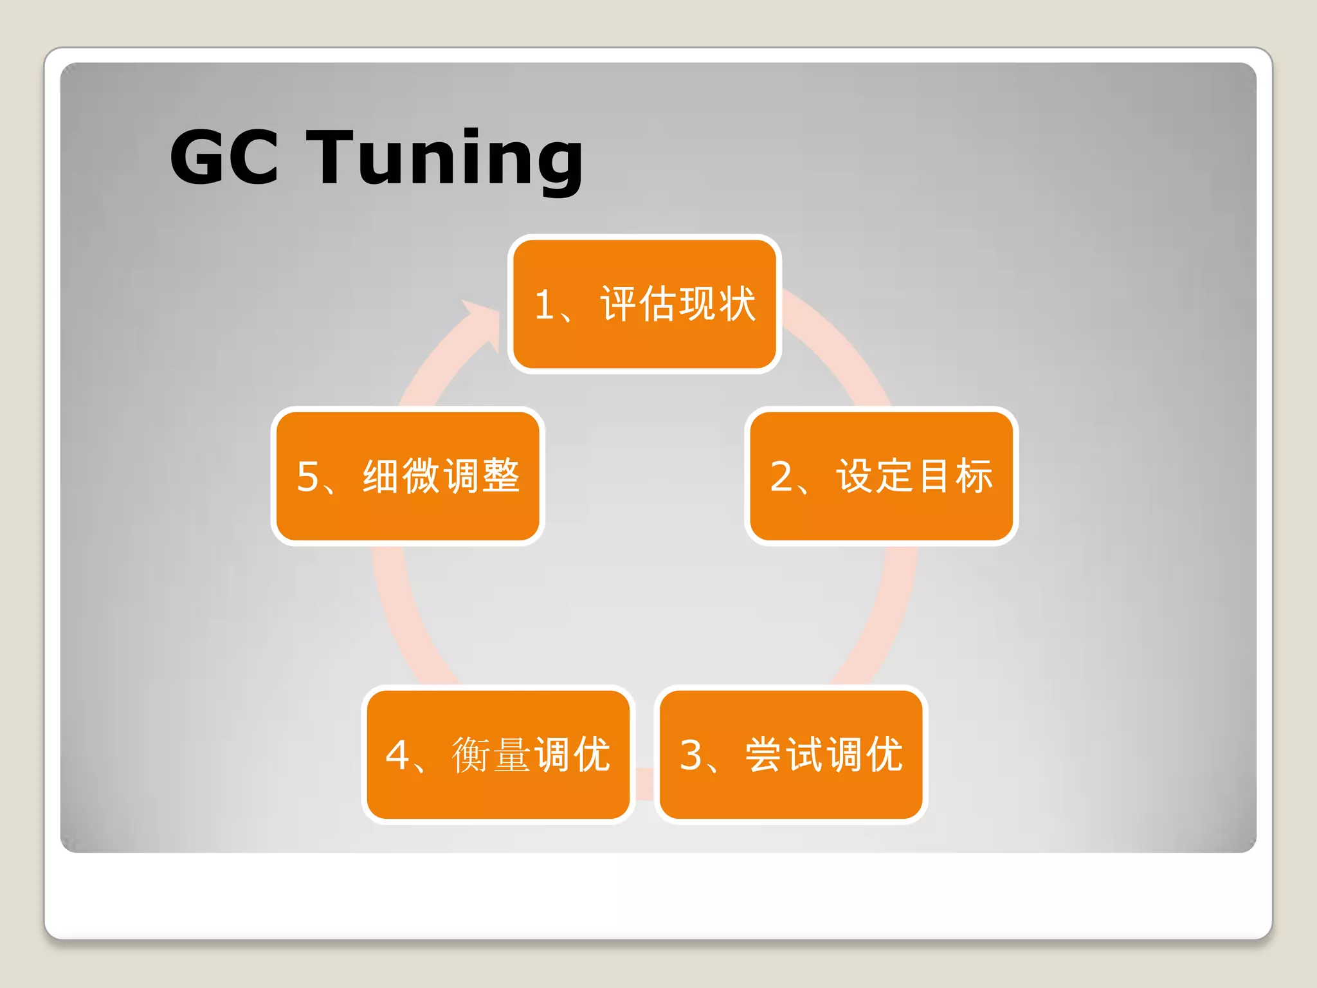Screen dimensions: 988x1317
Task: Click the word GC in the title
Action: point(224,157)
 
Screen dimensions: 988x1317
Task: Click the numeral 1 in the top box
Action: point(544,304)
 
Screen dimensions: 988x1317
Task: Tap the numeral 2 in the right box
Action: point(781,477)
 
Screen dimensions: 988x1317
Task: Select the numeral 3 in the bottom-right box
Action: point(691,755)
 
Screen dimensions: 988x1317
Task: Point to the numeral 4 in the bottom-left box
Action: point(397,755)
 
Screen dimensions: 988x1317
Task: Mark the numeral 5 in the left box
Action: point(307,477)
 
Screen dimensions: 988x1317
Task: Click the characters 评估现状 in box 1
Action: point(678,304)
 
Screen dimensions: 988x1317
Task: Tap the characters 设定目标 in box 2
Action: point(914,476)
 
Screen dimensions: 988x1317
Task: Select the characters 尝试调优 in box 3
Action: point(824,754)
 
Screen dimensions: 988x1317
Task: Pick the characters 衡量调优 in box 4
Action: point(531,754)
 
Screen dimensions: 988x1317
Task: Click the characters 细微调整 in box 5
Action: point(441,476)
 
